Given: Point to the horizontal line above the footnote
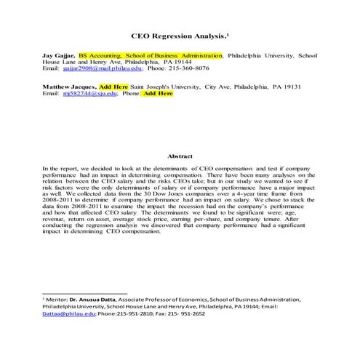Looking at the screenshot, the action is (x=84, y=292).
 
